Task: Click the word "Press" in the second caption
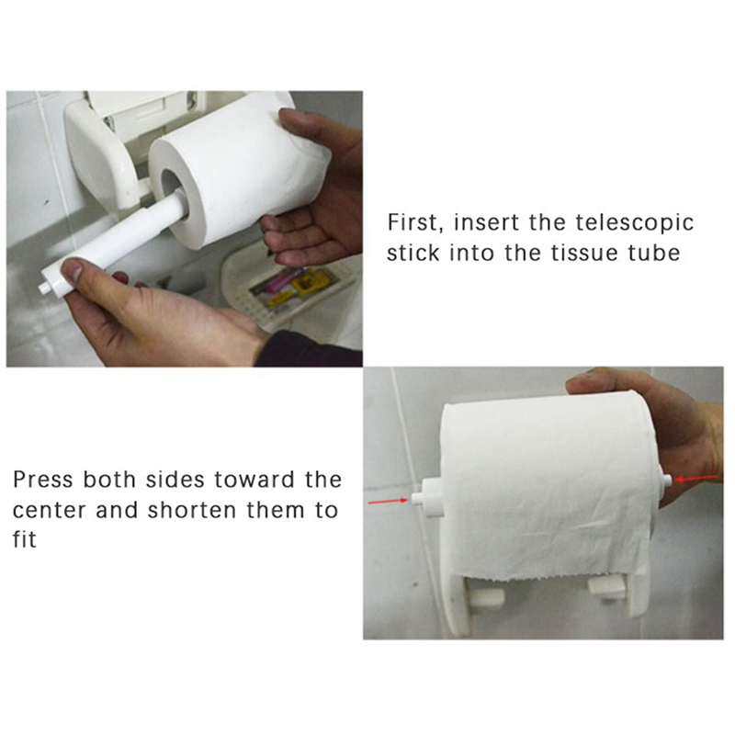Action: [x=43, y=480]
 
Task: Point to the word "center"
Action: [x=50, y=511]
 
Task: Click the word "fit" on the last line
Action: [x=25, y=539]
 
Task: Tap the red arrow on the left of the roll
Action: [x=388, y=501]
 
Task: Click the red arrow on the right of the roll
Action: [x=695, y=478]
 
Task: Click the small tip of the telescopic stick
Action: [x=45, y=287]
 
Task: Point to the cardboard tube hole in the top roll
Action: [x=174, y=193]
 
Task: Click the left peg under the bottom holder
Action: [x=487, y=595]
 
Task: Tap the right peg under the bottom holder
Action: [x=607, y=588]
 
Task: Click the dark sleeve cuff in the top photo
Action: [x=307, y=349]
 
